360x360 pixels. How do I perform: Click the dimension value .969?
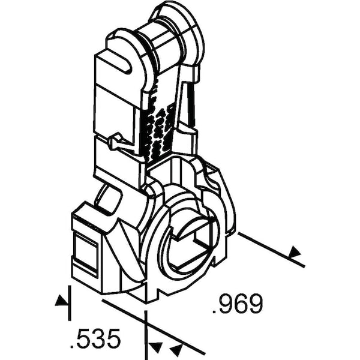point(237,304)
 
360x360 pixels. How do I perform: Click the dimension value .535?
point(95,338)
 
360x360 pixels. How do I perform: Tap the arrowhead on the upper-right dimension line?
point(295,251)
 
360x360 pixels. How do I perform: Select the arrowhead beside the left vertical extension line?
point(62,301)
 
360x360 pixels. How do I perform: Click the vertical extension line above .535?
point(70,303)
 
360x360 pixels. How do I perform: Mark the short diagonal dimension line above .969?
point(271,250)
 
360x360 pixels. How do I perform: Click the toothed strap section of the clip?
point(158,125)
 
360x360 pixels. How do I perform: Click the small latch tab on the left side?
point(116,142)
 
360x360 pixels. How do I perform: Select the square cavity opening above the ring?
point(171,167)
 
